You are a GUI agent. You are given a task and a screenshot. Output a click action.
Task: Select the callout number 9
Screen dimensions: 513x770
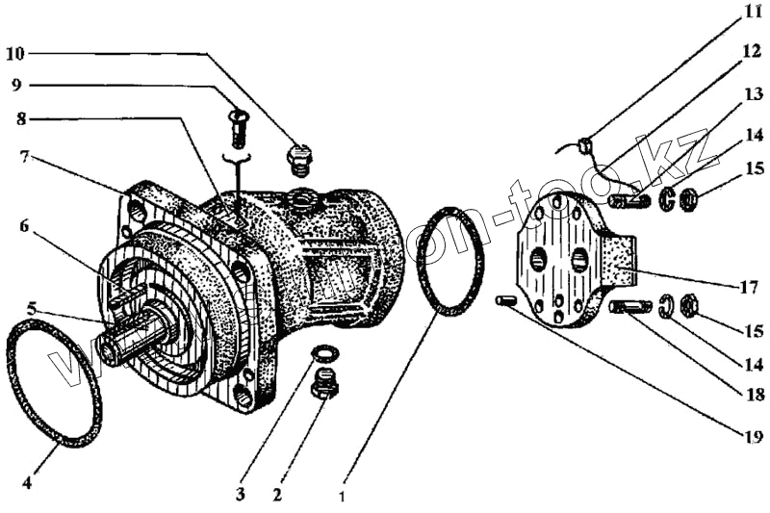(16, 84)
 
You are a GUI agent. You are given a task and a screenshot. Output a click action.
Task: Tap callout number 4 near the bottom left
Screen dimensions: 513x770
(26, 483)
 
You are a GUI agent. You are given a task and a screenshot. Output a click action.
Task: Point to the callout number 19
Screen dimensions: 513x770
(754, 434)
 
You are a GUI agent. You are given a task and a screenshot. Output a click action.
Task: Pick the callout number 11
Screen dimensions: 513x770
(752, 14)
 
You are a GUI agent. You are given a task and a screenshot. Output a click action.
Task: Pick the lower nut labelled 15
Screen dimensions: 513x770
(690, 307)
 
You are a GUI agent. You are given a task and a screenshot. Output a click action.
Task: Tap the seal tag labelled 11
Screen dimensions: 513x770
(583, 144)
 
